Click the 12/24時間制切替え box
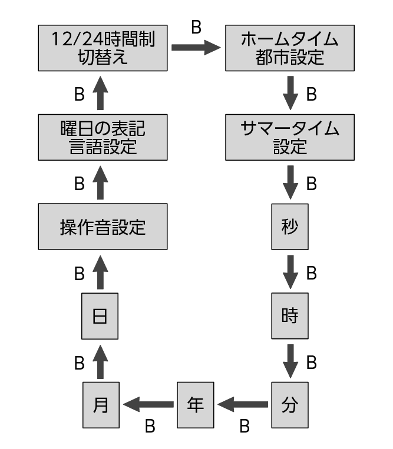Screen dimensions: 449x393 click(103, 48)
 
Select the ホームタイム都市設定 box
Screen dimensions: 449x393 click(290, 48)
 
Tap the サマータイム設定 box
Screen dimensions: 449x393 click(290, 138)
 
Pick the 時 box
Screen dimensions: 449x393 click(290, 316)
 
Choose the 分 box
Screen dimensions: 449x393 click(290, 405)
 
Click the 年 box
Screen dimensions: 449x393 click(196, 405)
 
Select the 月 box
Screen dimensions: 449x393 click(101, 405)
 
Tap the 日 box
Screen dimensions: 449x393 click(101, 316)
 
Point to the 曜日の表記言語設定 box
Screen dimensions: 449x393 click(103, 138)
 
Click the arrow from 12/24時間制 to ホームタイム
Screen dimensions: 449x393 click(196, 48)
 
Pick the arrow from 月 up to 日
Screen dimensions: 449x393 click(101, 361)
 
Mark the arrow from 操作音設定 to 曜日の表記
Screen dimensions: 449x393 click(101, 182)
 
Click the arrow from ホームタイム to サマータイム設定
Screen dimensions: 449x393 click(290, 93)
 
